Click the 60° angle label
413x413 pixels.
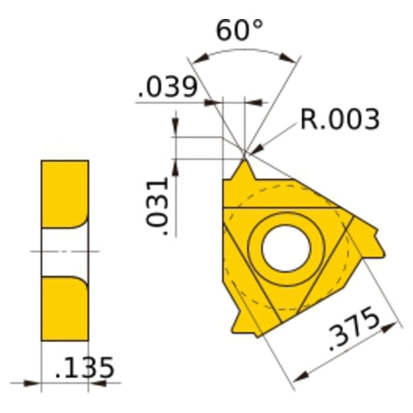tap(240, 31)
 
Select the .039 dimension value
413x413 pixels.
tap(168, 88)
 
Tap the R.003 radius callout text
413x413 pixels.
tap(339, 119)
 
